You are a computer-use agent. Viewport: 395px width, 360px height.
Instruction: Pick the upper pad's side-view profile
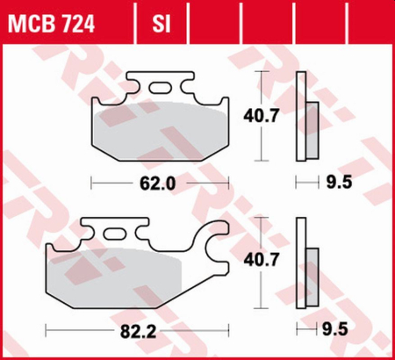coord(304,116)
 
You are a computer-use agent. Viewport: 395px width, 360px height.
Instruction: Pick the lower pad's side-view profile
coord(304,263)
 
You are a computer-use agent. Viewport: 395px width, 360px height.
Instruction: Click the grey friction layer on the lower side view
coord(312,271)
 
